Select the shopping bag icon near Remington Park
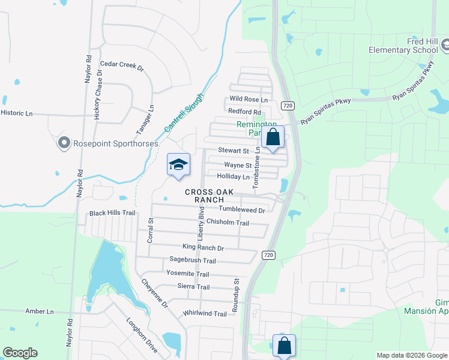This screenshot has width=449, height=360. click(273, 137)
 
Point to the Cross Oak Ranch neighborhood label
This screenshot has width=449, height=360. click(205, 196)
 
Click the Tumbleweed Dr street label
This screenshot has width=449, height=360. click(242, 210)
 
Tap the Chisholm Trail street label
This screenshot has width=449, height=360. click(228, 223)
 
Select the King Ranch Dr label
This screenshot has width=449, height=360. click(203, 248)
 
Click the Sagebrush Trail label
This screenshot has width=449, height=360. click(192, 260)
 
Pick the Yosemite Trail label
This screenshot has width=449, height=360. click(188, 274)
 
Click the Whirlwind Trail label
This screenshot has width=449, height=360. click(205, 314)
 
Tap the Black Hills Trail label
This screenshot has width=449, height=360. click(113, 213)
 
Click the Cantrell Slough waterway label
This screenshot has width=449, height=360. click(184, 113)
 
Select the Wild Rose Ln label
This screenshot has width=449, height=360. click(249, 99)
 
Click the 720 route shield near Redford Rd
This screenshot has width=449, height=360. click(288, 106)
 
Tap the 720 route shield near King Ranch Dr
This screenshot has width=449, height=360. click(268, 256)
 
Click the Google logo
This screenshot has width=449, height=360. click(20, 353)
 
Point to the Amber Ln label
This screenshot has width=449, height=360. click(40, 311)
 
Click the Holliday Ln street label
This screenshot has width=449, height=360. click(233, 177)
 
